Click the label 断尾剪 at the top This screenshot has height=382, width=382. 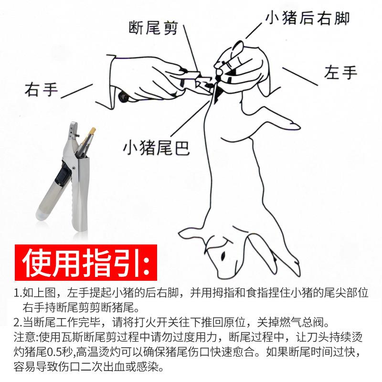click(x=154, y=28)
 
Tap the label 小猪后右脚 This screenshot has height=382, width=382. click(x=308, y=18)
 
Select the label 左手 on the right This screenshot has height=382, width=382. click(x=340, y=73)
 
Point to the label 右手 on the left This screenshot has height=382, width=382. click(x=41, y=89)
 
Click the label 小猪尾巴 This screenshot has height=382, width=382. click(x=156, y=148)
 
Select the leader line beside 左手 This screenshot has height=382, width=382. click(x=299, y=76)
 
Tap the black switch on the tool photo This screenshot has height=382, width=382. click(x=62, y=178)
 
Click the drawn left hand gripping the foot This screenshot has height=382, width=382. click(x=241, y=67)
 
